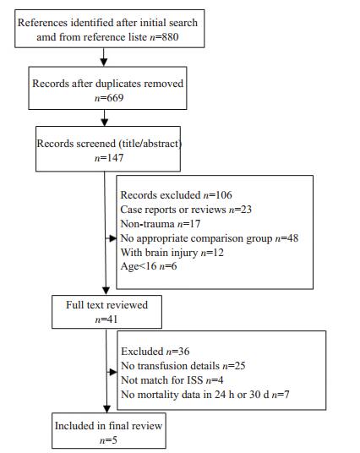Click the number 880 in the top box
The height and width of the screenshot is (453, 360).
[x=170, y=37]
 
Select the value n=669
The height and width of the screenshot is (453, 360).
[x=109, y=98]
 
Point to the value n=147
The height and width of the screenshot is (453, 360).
[x=109, y=158]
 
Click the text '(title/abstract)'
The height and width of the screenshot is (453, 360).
[x=150, y=144]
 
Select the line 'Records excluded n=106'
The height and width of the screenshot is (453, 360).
[x=176, y=195]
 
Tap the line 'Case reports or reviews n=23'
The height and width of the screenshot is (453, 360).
[x=186, y=210]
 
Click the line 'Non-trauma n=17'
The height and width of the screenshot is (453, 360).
[x=160, y=224]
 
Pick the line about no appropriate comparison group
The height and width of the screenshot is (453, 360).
[x=210, y=238]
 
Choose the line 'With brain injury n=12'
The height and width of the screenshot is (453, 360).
[x=172, y=253]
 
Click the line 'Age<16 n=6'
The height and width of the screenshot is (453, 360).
[x=149, y=266]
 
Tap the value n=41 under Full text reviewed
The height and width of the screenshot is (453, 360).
[x=106, y=319]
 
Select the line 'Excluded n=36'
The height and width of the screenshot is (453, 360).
[x=155, y=352]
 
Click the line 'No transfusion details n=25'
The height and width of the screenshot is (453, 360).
[x=183, y=366]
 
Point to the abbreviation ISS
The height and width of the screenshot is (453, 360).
[x=195, y=380]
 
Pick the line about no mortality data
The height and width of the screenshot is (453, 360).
[x=205, y=395]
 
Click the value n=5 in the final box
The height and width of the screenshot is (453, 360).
[x=108, y=440]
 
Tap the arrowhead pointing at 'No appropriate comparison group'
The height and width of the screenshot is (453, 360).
[x=113, y=238]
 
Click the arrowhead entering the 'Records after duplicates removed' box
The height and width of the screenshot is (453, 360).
[x=104, y=63]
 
